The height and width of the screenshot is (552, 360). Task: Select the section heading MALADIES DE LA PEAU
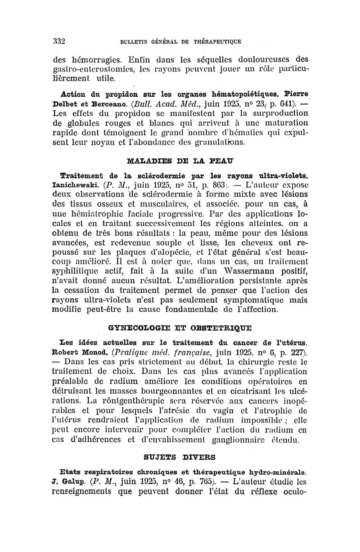click(x=180, y=160)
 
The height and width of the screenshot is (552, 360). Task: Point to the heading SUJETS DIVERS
click(x=180, y=457)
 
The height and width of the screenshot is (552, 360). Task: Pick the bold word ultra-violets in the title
click(x=277, y=174)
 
